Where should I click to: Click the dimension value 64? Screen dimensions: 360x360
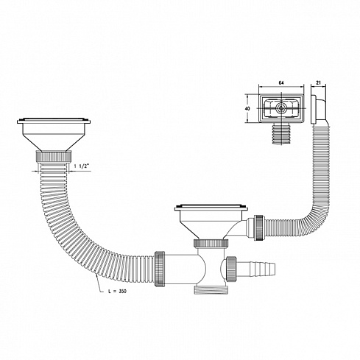point(281,83)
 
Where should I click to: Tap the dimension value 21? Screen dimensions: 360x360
point(318,83)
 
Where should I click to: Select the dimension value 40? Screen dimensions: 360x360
point(247,108)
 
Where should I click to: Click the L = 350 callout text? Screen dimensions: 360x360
point(117,292)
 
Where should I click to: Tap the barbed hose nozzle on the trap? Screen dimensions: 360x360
point(255,269)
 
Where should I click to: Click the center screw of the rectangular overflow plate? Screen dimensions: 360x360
point(280,107)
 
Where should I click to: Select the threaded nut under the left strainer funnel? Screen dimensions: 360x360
point(54,156)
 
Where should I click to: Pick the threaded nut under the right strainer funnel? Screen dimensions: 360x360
point(211,243)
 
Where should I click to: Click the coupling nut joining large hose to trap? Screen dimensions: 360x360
point(160,269)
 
